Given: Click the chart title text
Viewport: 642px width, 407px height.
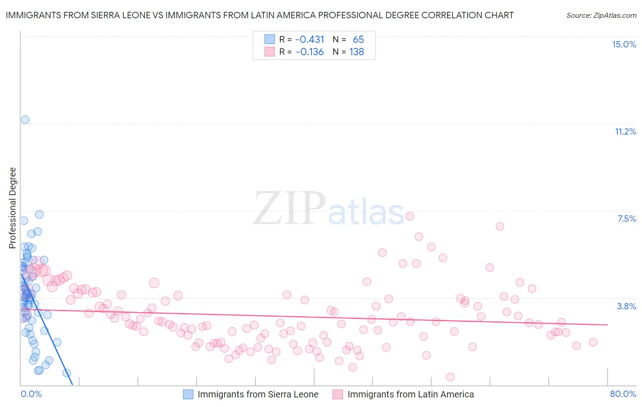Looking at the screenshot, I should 259,15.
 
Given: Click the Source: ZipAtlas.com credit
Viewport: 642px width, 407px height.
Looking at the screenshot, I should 601,15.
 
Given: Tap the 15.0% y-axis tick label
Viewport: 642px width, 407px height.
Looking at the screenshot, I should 624,44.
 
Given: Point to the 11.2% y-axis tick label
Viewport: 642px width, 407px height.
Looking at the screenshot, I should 625,131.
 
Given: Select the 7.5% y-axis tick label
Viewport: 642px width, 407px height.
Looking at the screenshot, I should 626,219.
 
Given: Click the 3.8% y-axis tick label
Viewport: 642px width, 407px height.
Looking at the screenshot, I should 626,306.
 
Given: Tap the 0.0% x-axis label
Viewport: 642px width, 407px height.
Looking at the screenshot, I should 31,394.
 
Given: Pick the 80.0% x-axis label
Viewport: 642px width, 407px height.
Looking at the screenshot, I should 623,394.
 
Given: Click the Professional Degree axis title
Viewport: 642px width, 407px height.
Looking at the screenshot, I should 12,208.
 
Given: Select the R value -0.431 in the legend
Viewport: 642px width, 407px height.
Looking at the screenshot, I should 310,39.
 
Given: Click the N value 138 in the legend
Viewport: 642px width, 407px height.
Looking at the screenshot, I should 357,52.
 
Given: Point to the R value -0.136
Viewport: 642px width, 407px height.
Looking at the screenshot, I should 310,52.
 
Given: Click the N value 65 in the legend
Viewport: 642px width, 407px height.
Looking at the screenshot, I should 358,39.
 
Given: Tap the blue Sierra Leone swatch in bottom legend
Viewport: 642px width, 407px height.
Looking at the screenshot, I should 188,394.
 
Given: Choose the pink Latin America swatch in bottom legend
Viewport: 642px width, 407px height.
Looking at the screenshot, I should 338,394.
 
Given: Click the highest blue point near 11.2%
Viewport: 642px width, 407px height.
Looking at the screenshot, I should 25,120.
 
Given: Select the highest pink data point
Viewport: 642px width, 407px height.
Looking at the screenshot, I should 410,216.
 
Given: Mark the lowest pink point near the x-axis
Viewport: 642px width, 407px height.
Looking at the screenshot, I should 450,377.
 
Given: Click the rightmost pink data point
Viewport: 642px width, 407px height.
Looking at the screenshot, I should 593,342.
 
